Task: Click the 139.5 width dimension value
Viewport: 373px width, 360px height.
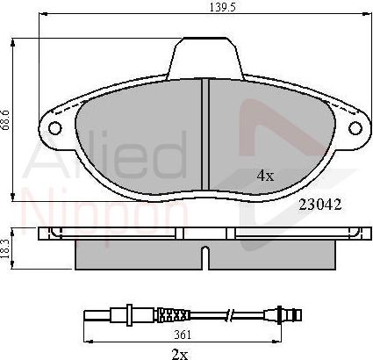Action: (x=222, y=7)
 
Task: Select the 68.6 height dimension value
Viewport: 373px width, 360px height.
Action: (x=6, y=119)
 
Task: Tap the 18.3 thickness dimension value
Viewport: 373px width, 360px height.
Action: (x=5, y=248)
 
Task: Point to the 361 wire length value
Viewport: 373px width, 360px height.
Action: (x=182, y=335)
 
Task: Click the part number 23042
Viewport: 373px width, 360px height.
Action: (x=319, y=205)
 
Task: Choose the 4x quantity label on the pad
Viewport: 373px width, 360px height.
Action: (x=265, y=176)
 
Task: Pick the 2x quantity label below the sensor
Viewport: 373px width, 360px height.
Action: (x=180, y=355)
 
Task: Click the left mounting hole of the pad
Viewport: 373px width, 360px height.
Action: (x=54, y=128)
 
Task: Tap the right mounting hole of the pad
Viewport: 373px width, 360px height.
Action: (x=355, y=128)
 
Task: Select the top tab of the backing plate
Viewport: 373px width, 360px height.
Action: (x=205, y=57)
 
